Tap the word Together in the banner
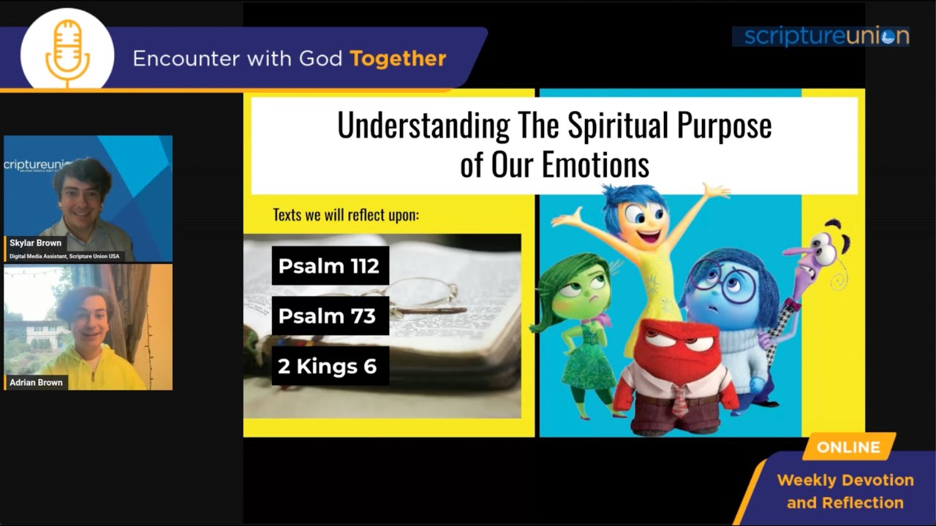[x=398, y=58]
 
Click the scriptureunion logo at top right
[x=826, y=37]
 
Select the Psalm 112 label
[x=330, y=265]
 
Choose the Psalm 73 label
[x=330, y=316]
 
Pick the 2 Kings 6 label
[x=330, y=366]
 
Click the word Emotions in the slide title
[x=595, y=164]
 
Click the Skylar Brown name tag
[x=36, y=243]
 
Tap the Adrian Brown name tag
[x=36, y=382]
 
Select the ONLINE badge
[x=849, y=447]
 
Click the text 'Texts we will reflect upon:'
[x=346, y=215]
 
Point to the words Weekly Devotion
[x=845, y=480]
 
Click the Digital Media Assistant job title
[x=64, y=256]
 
